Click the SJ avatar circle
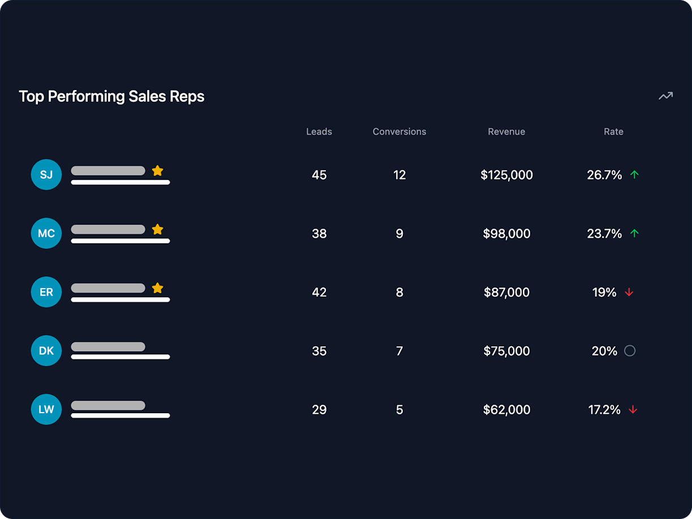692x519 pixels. (x=46, y=175)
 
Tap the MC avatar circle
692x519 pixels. (x=46, y=233)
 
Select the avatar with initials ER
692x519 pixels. (x=46, y=292)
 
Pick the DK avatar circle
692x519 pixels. (x=46, y=351)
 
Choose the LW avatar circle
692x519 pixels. (x=46, y=409)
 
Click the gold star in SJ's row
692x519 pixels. (x=157, y=170)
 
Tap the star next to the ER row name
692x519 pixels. (x=157, y=288)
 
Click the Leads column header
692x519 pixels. (x=319, y=132)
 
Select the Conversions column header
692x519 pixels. (x=399, y=132)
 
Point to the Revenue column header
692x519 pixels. (x=506, y=132)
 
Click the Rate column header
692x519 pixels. (x=613, y=132)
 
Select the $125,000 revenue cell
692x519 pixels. (x=506, y=175)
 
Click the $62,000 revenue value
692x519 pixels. (x=506, y=410)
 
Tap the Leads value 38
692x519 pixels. (x=319, y=234)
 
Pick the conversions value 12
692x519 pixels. (x=399, y=175)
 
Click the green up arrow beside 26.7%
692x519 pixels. (x=634, y=175)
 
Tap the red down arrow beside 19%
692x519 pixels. (x=629, y=292)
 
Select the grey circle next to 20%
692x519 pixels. (x=630, y=351)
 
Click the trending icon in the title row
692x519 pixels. (x=665, y=96)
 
